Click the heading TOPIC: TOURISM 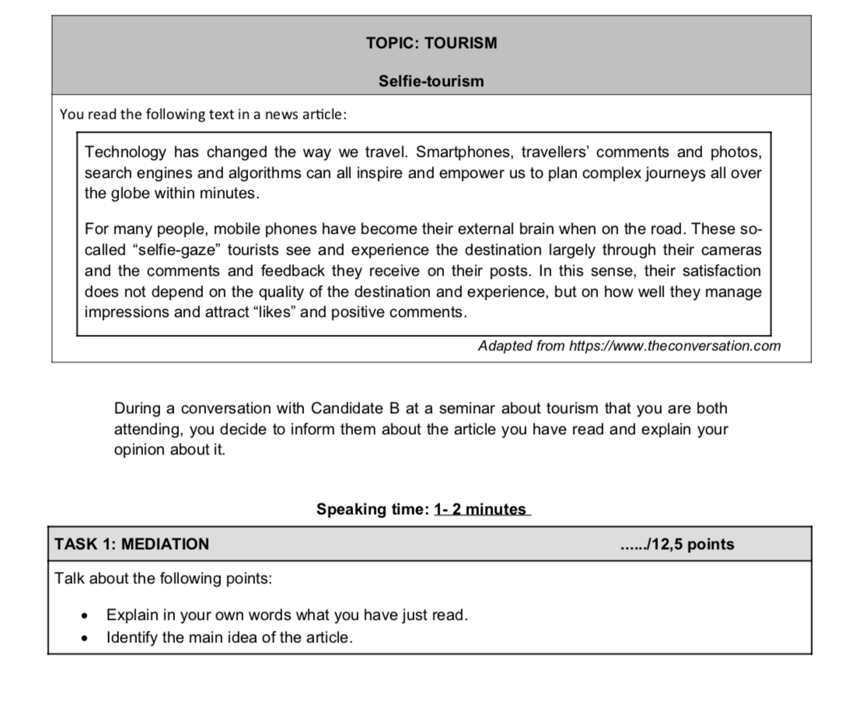(x=432, y=44)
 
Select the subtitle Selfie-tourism (x=431, y=82)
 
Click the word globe (x=126, y=193)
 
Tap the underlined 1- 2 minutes (x=481, y=510)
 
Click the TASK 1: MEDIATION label (x=131, y=545)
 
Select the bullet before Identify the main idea (x=84, y=639)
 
